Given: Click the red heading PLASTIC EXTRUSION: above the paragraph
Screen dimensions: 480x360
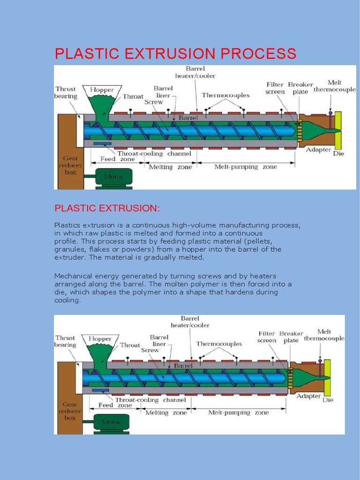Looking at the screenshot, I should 107,207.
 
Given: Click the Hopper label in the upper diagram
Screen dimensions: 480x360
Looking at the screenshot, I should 102,89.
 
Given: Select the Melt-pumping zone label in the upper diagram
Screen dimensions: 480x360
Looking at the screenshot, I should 246,167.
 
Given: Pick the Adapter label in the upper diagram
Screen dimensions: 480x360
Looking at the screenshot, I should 319,150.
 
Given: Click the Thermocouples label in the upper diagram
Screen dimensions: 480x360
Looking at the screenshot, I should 225,95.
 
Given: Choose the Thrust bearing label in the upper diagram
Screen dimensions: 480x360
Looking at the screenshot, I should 66,92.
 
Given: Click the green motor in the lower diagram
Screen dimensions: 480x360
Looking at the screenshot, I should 113,422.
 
